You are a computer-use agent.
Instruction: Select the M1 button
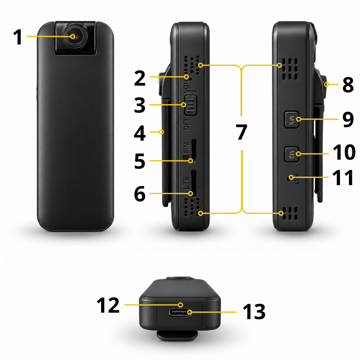(x=291, y=120)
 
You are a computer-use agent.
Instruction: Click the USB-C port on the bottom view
(x=180, y=312)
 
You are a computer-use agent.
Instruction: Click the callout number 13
(x=254, y=312)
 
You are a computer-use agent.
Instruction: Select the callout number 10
(x=344, y=152)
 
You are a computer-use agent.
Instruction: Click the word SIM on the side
(x=186, y=148)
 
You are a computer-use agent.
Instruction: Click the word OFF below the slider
(x=186, y=124)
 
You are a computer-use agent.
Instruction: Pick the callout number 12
(x=108, y=305)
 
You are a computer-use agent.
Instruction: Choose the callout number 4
(x=140, y=133)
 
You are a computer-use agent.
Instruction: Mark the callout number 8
(x=348, y=85)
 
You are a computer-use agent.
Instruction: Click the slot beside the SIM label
(x=194, y=151)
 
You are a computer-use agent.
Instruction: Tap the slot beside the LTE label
(x=194, y=183)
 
